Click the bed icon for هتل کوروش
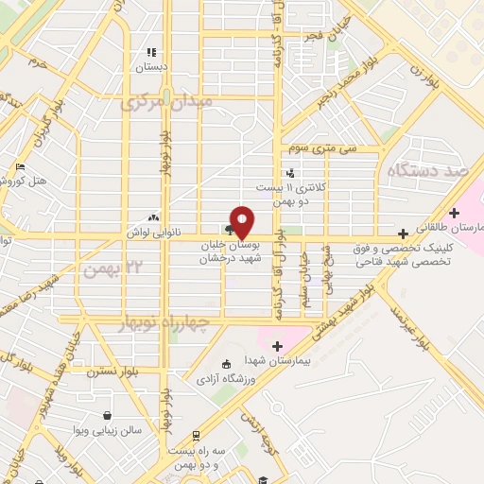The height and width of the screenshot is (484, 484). click(21, 167)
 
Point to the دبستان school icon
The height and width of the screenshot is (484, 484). click(149, 53)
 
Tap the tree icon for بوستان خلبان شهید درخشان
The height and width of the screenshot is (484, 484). click(230, 228)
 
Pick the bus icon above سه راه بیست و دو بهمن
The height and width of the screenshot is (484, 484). click(195, 436)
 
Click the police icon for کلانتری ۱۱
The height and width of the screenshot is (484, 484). click(290, 173)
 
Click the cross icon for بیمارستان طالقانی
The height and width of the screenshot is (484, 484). click(455, 213)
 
